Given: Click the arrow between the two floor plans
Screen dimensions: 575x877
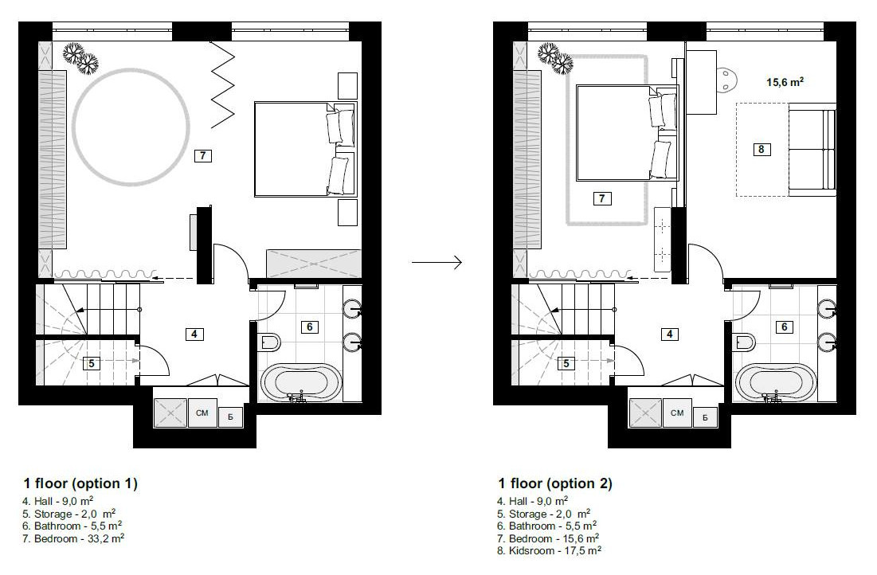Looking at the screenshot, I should [437, 261].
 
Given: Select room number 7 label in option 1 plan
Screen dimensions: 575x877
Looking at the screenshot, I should [204, 156].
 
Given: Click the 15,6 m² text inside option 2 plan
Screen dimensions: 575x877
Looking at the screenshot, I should [784, 80].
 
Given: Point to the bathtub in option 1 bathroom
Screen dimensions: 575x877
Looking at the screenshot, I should [302, 383].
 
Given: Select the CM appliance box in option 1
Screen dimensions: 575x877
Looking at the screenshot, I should [202, 413].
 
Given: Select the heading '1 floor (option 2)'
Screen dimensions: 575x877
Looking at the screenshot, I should [555, 483].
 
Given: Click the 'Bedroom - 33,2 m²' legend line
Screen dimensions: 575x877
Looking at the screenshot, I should [72, 538].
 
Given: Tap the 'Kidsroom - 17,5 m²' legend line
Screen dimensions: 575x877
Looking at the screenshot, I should [549, 550].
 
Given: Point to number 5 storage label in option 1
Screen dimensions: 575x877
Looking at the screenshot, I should [92, 363].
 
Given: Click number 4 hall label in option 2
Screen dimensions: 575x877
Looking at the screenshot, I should [670, 334].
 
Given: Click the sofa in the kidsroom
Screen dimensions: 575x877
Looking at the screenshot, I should [811, 152].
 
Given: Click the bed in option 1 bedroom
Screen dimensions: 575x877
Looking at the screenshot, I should [299, 148].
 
